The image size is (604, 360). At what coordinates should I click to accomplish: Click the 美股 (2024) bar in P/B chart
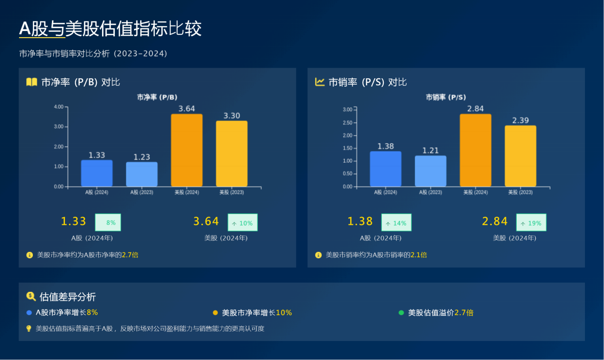(186, 150)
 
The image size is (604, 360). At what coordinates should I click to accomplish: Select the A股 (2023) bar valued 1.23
(142, 175)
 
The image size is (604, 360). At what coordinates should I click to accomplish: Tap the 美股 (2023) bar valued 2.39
(520, 156)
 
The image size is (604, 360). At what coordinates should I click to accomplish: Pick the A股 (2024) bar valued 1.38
(385, 169)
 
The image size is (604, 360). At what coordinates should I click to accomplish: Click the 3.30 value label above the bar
(232, 116)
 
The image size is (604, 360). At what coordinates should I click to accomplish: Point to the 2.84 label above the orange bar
(475, 109)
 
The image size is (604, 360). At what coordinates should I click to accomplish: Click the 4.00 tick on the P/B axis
(59, 107)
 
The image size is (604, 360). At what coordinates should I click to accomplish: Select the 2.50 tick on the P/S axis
(347, 123)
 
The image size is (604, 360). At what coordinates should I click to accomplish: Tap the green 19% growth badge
(531, 223)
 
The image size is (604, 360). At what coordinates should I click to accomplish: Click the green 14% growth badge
(396, 223)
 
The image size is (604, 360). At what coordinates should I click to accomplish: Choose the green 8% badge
(108, 223)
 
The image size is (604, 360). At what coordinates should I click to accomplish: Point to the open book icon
(31, 82)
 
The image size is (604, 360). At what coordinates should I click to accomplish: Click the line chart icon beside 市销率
(319, 82)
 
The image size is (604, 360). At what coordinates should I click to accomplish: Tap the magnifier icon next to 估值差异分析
(31, 297)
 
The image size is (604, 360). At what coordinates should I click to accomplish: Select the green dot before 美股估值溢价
(401, 313)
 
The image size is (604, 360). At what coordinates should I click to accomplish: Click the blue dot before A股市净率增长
(29, 313)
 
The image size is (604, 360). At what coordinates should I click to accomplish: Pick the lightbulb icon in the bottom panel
(29, 329)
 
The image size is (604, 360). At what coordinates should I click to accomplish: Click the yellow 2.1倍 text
(419, 255)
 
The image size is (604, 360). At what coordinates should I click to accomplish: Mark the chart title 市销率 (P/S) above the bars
(446, 97)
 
